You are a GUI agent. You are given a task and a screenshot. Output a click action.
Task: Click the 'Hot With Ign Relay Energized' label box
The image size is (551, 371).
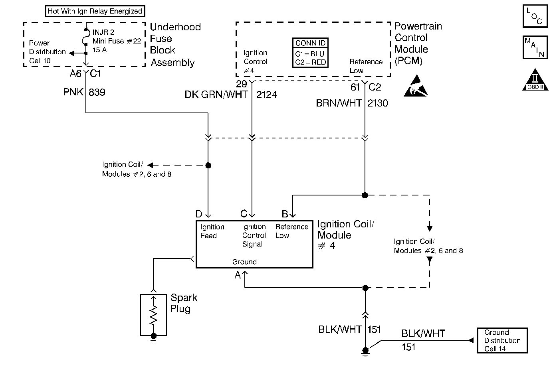tap(95, 11)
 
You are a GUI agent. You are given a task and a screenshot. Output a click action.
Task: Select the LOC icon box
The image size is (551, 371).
tap(535, 16)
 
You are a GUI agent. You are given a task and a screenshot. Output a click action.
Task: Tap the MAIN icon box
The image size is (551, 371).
tap(535, 47)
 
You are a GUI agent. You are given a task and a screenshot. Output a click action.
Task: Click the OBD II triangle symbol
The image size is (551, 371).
tap(535, 80)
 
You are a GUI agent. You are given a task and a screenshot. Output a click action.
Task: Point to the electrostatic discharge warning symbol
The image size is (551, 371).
tap(416, 86)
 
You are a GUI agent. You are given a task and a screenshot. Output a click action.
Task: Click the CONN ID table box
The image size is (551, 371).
tap(310, 53)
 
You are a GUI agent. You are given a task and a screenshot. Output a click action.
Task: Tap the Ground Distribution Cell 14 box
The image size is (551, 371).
tap(502, 341)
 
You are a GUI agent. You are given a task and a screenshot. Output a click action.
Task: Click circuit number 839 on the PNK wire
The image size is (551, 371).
tap(97, 92)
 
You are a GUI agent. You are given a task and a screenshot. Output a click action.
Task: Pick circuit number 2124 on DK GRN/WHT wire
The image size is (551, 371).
tap(266, 95)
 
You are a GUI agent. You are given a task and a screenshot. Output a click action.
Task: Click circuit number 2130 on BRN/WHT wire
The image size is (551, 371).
tap(377, 103)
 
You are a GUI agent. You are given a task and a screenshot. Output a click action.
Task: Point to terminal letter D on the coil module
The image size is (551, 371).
tap(198, 214)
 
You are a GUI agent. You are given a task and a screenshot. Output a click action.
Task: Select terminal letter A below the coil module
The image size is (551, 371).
tap(238, 275)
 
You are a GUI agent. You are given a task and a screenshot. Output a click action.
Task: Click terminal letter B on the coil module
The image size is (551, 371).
tap(285, 214)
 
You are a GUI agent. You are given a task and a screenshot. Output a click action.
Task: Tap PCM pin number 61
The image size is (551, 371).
tap(355, 87)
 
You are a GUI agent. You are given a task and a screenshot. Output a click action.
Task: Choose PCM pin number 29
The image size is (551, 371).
tap(242, 84)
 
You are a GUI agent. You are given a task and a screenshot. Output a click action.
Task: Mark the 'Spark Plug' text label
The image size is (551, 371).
tap(184, 303)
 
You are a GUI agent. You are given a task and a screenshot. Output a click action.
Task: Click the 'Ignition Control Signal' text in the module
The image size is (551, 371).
tap(254, 235)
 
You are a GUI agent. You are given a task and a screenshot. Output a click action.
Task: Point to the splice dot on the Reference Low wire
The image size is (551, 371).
tap(365, 195)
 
